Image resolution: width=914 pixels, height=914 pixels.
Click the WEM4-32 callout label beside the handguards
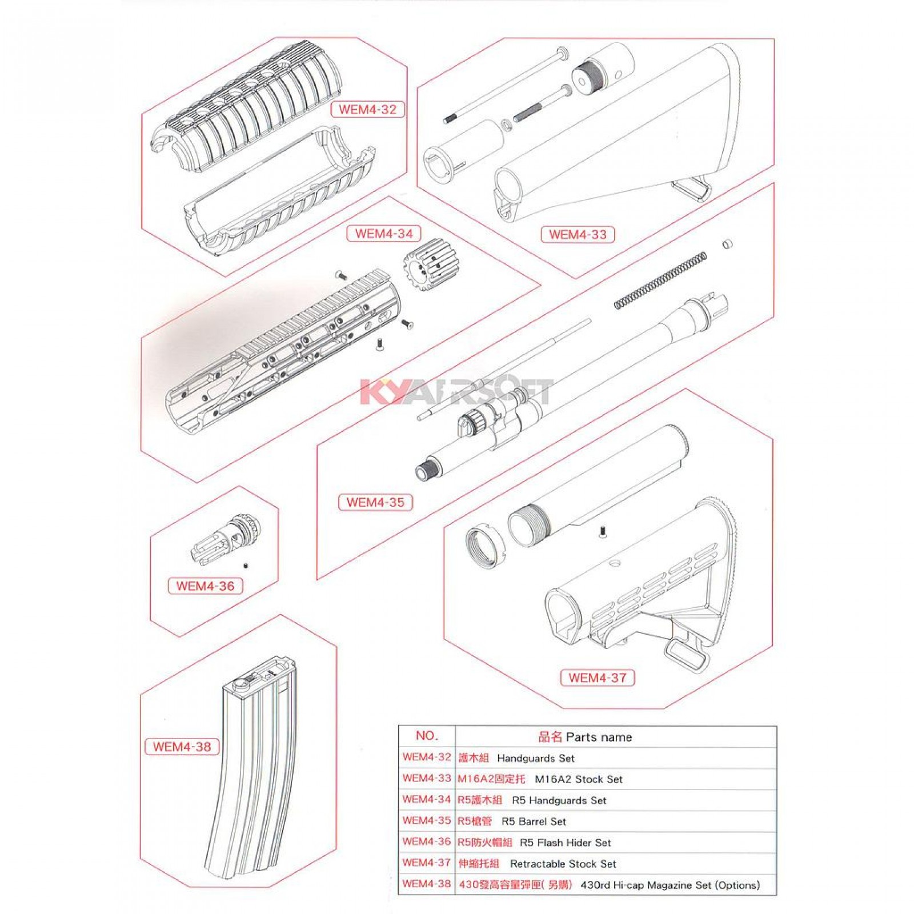[367, 109]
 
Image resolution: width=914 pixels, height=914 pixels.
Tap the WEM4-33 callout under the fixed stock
[578, 234]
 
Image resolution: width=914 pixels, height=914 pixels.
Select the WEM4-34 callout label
[383, 233]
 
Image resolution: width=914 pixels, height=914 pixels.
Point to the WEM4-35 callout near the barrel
[375, 502]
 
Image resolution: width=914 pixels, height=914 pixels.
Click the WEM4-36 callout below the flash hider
[205, 586]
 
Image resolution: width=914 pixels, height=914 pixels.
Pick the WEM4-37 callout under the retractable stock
[598, 678]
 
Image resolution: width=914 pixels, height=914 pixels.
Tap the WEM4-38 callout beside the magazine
[182, 746]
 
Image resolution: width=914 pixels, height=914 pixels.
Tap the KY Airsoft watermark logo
[457, 392]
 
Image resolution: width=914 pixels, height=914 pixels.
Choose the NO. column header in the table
[427, 736]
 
